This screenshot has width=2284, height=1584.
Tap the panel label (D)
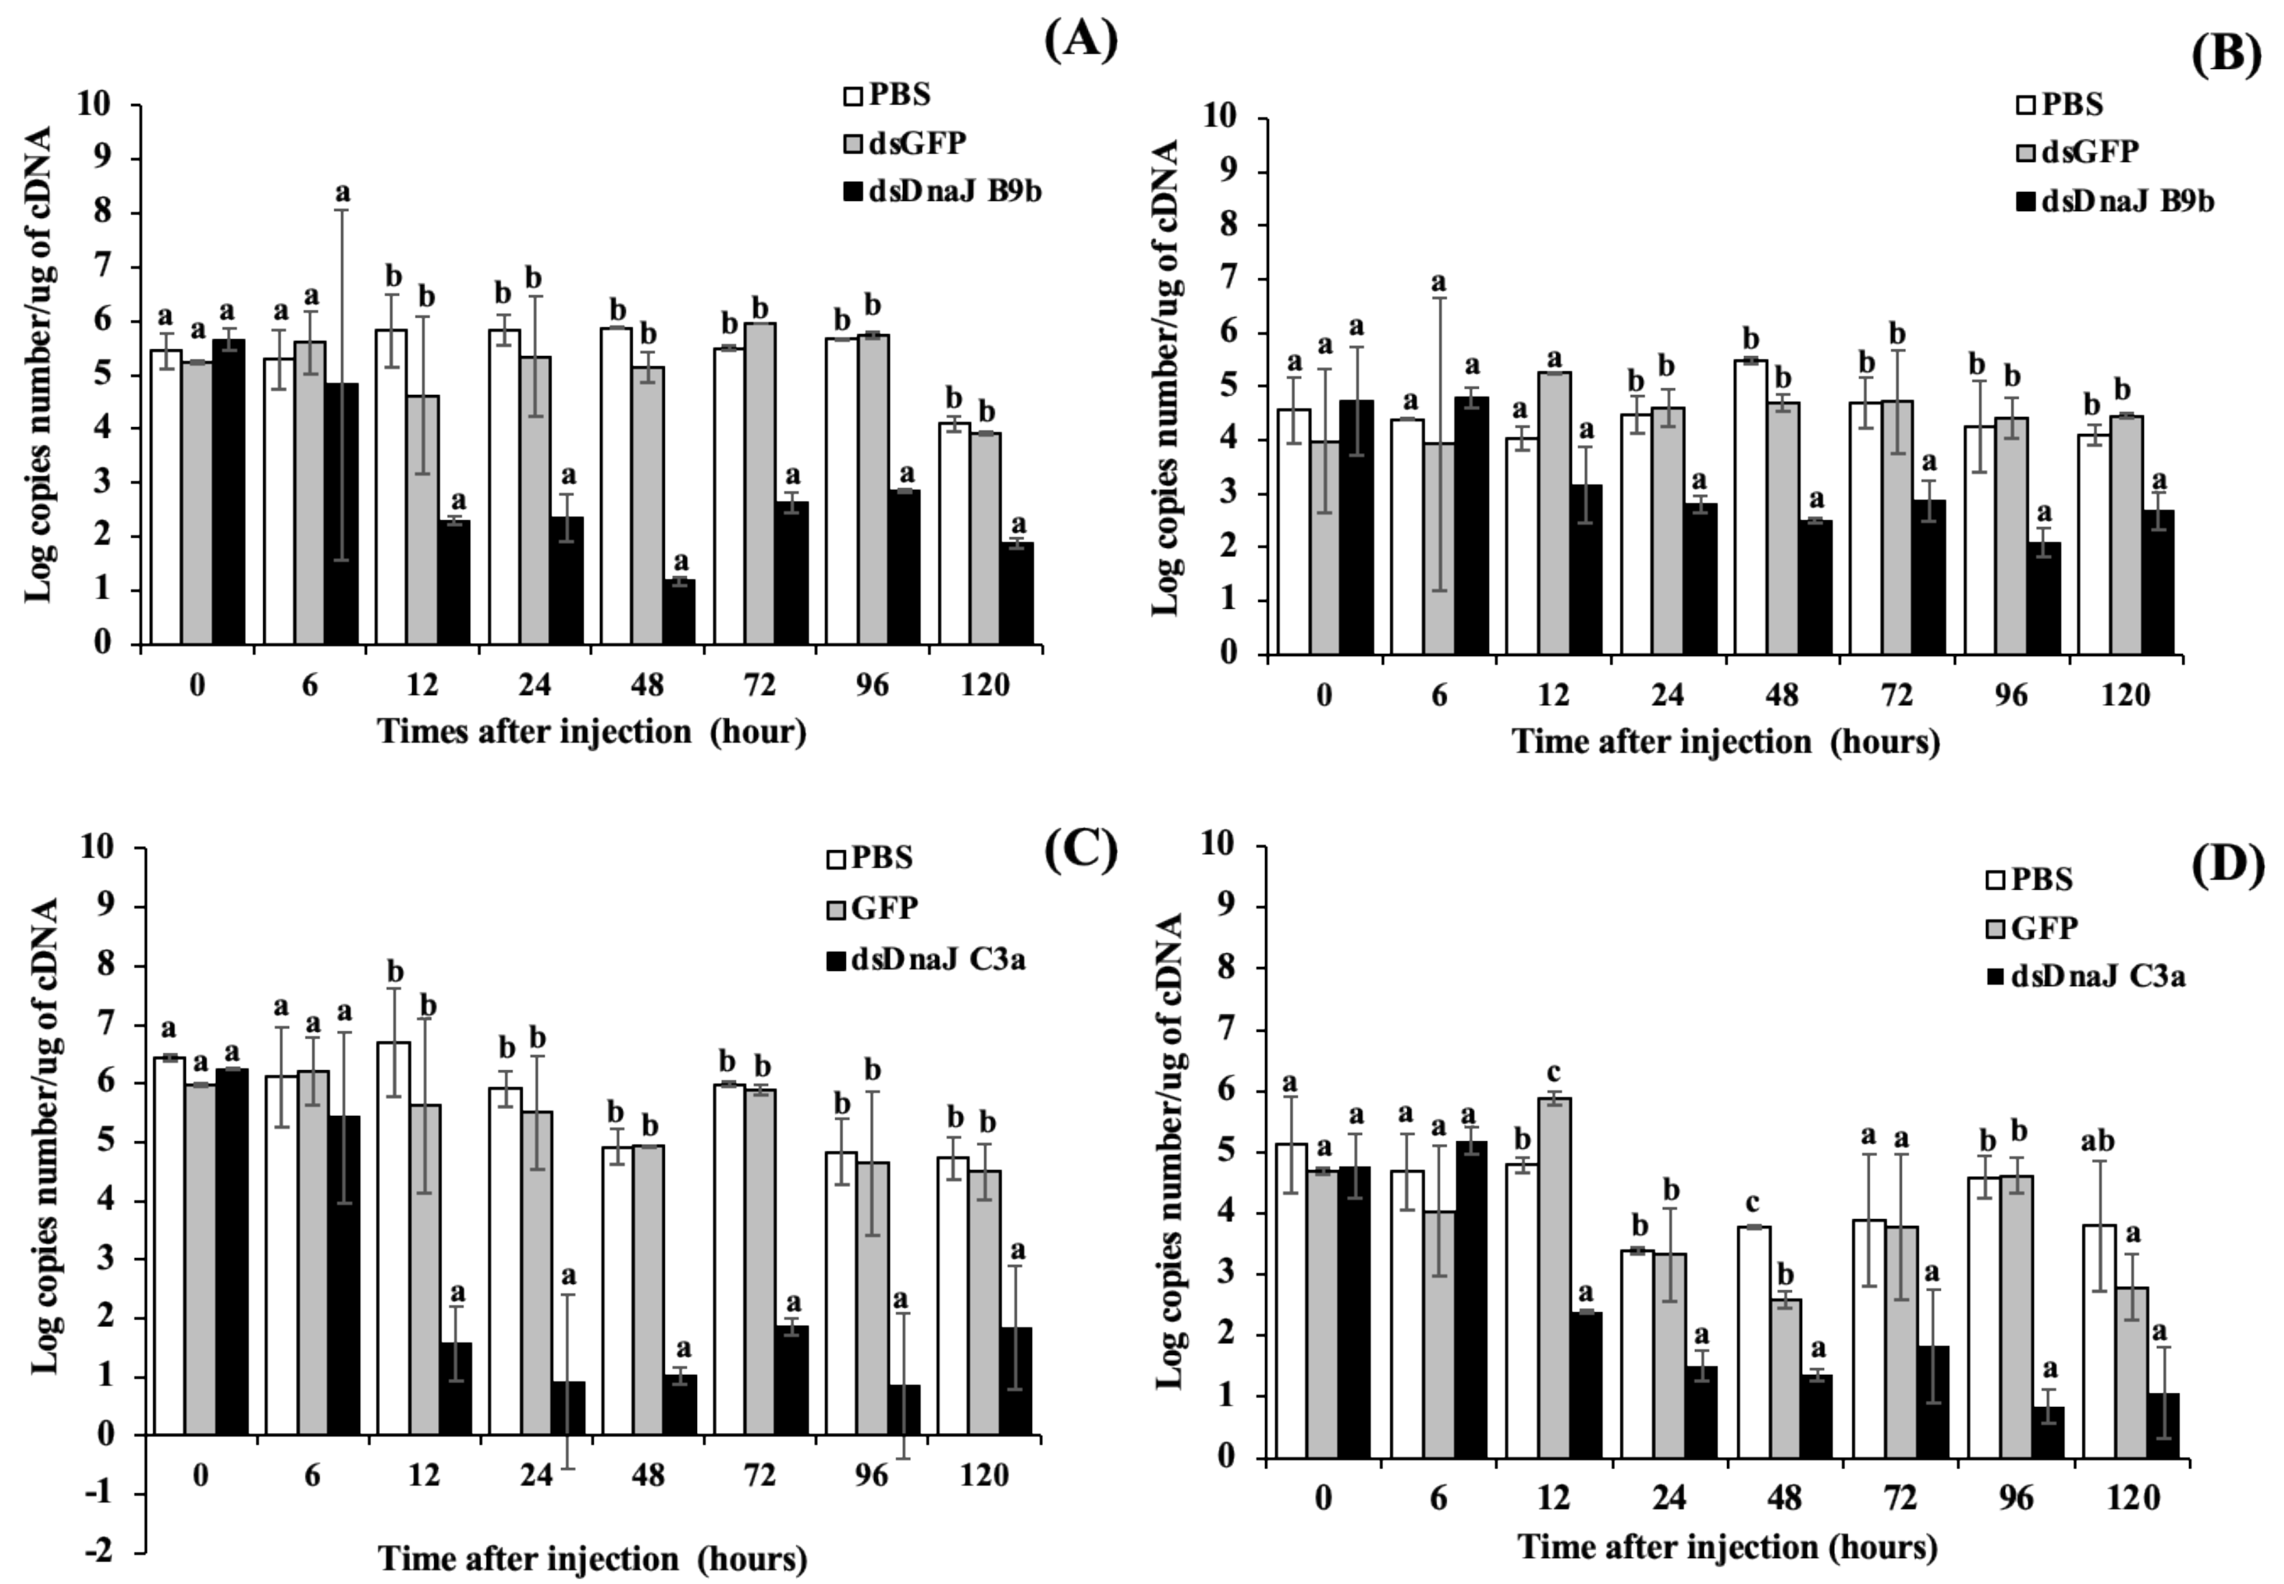pos(2227,864)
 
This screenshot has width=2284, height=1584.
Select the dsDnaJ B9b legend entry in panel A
pos(941,193)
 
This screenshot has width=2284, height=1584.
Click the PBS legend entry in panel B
pos(2060,103)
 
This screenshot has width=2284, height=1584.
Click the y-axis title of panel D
pos(1172,1151)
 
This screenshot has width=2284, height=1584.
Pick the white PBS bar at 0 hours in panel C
pos(169,1246)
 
